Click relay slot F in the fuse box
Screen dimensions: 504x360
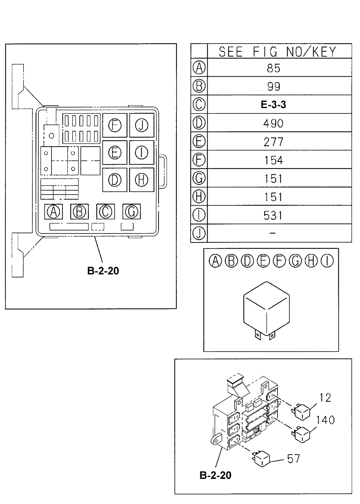point(115,125)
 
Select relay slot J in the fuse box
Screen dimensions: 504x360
point(142,125)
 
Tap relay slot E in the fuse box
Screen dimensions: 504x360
point(115,152)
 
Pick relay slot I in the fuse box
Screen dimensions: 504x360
point(142,152)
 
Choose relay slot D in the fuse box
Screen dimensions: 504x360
point(115,179)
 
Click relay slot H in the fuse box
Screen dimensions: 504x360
point(142,179)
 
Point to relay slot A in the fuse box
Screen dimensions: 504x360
point(54,212)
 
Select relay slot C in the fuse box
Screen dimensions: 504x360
point(105,212)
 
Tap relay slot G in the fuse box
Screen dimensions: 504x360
point(131,212)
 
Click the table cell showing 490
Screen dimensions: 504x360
point(274,123)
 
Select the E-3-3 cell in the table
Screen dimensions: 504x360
point(274,105)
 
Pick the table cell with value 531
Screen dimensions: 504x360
point(274,215)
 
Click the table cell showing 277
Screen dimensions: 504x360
point(274,142)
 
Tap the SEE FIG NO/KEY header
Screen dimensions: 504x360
point(277,52)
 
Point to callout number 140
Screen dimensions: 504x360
point(325,420)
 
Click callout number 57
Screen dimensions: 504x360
point(294,459)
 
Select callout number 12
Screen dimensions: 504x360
point(325,398)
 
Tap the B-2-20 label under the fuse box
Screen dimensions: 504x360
point(103,271)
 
